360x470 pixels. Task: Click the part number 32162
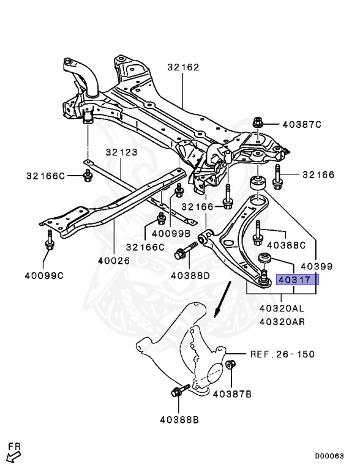coord(183,67)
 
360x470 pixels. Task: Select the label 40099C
coord(43,276)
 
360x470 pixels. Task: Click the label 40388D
coord(190,275)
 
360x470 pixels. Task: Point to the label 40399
coord(316,266)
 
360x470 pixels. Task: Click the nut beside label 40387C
coord(258,124)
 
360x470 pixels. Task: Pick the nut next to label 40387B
coord(231,366)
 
